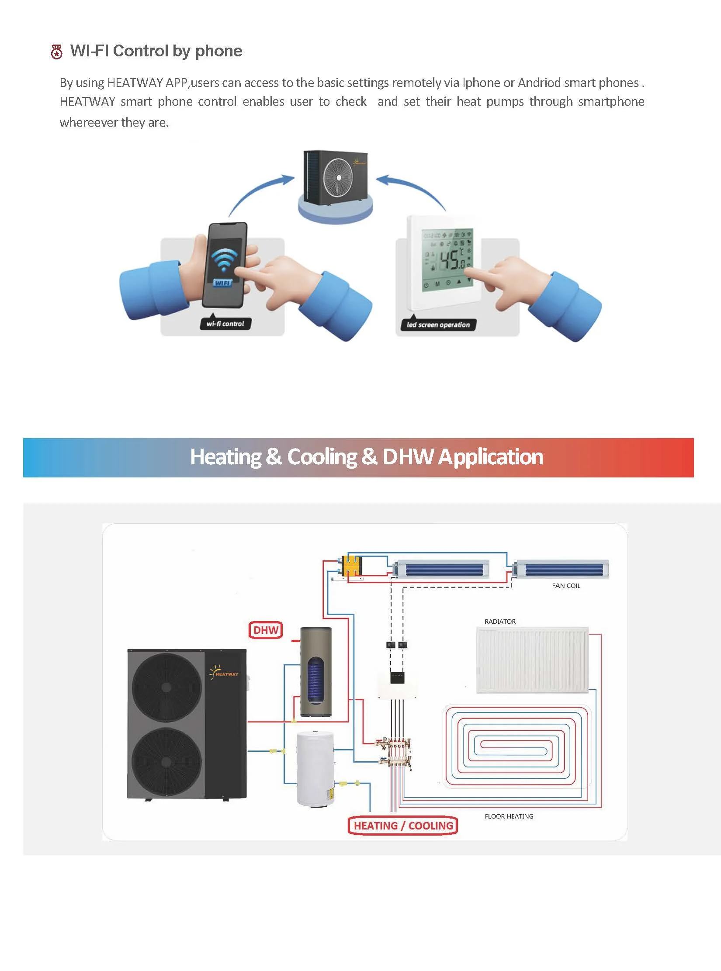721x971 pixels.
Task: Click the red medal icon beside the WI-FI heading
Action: click(x=56, y=52)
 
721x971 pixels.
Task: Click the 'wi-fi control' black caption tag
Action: click(x=225, y=324)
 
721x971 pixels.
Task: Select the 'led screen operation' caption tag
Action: click(x=438, y=325)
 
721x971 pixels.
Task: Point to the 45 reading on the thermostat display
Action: click(x=449, y=260)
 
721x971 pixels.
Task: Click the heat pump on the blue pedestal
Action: click(x=336, y=177)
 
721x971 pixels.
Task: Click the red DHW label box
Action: click(x=266, y=630)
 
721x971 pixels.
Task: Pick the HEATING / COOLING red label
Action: click(x=403, y=826)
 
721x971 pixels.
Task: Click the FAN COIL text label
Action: click(x=566, y=586)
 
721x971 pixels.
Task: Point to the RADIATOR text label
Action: click(x=500, y=621)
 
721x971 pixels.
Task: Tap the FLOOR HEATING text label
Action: click(x=509, y=816)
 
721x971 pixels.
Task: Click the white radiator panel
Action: click(x=532, y=660)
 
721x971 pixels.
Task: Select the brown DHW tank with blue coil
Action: click(x=315, y=672)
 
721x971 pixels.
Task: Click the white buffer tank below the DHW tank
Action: click(x=315, y=768)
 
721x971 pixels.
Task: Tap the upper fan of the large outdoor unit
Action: click(x=166, y=687)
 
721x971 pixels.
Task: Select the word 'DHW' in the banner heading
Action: click(x=408, y=457)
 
